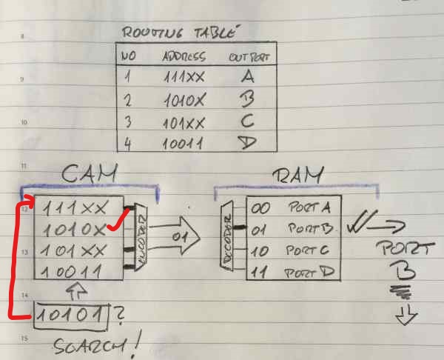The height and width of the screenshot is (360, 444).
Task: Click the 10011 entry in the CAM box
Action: click(x=73, y=272)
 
